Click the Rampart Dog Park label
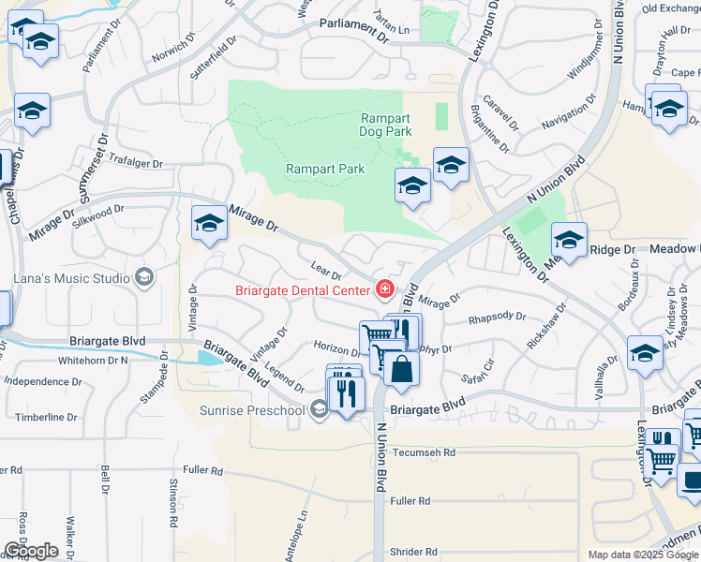coord(386,125)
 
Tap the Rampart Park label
coord(324,170)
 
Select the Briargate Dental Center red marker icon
coord(383,289)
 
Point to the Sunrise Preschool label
coord(252,410)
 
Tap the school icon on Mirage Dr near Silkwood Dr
coord(209,223)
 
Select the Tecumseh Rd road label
coord(424,451)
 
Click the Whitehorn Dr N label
coord(92,360)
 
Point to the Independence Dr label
coord(43,382)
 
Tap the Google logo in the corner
coord(30,551)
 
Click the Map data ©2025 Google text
coord(642,555)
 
